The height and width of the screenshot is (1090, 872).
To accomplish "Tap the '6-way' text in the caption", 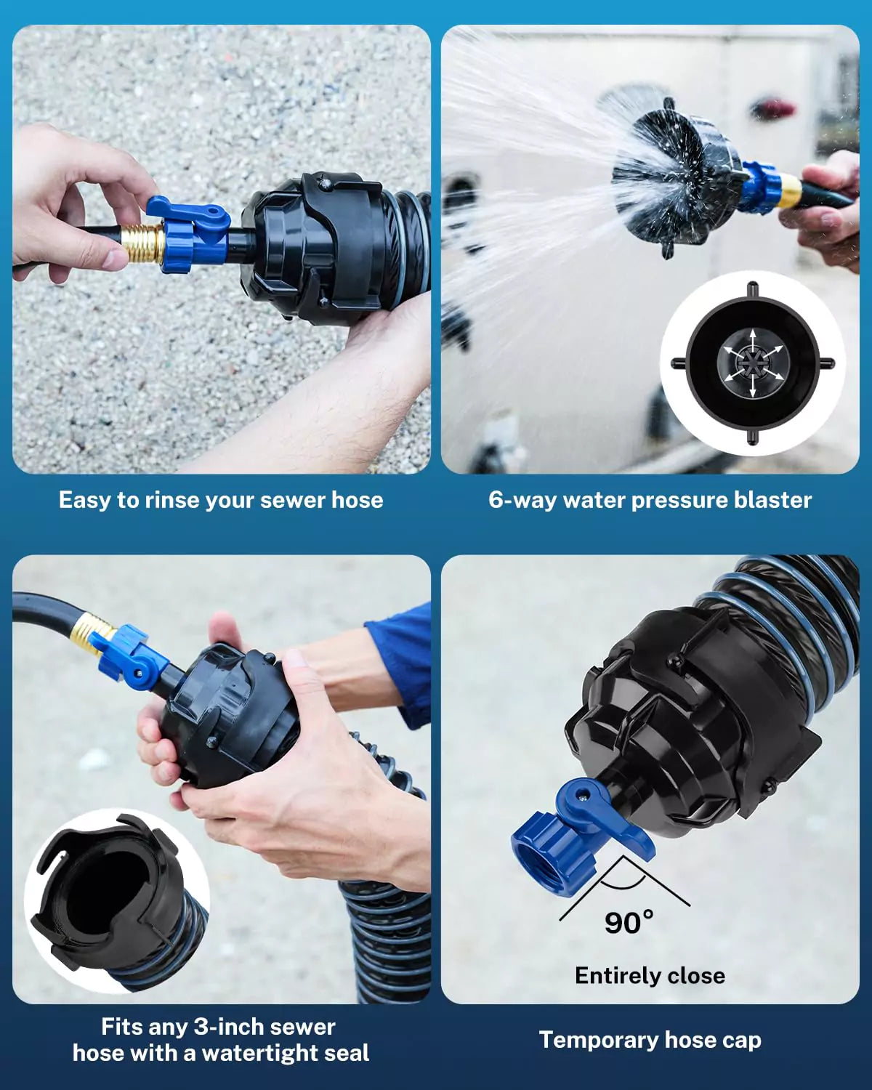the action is coord(521,500).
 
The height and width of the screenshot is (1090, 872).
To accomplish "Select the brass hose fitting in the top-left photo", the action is coord(142,243).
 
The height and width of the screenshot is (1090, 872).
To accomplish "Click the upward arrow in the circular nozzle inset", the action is coord(752,340).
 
